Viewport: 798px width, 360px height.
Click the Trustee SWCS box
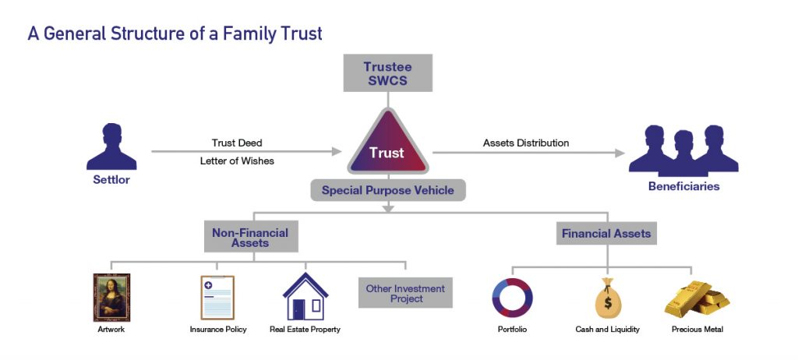387,72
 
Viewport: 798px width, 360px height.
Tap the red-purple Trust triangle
387,148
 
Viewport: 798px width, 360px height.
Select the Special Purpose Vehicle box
387,190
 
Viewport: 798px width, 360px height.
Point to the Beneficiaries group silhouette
683,148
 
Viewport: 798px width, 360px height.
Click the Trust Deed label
237,143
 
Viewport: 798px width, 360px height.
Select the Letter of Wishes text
237,161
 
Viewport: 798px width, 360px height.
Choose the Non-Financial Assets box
250,238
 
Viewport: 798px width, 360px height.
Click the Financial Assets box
606,233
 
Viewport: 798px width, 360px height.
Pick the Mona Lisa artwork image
111,297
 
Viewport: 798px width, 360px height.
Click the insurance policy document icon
217,298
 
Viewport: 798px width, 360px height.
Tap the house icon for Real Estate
305,297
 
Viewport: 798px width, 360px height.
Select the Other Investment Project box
405,294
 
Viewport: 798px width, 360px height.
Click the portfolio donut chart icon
512,298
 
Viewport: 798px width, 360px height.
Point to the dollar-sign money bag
607,299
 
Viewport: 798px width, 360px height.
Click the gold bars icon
697,298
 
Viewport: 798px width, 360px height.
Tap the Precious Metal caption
697,330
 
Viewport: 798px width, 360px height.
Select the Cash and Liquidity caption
607,330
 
